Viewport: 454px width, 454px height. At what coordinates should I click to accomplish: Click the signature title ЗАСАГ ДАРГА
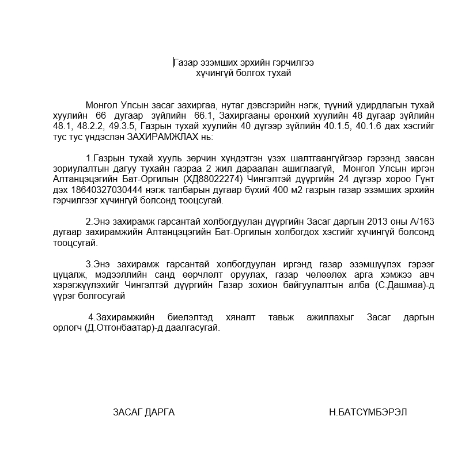(x=143, y=412)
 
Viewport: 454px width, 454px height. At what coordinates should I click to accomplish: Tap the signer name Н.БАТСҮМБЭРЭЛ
(x=368, y=412)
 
